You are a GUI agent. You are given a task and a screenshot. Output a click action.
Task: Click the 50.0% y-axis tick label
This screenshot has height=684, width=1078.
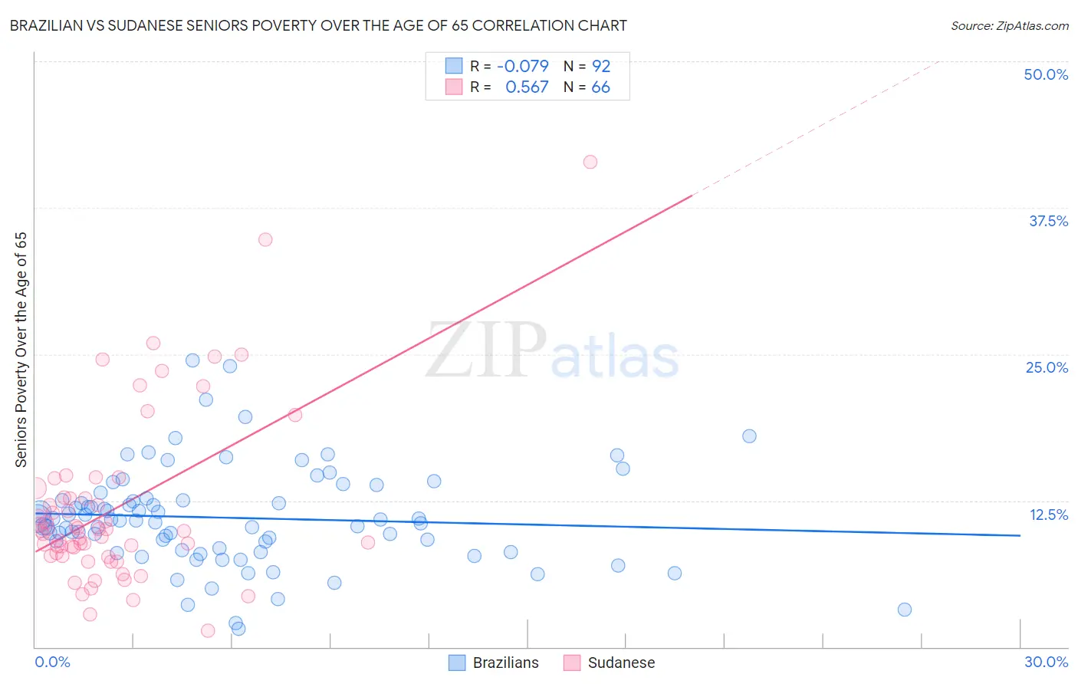coord(1046,74)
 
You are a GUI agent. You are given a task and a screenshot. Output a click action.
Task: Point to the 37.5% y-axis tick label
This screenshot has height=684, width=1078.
coord(1048,221)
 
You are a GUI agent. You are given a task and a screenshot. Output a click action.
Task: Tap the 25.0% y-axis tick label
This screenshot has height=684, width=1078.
coord(1047,367)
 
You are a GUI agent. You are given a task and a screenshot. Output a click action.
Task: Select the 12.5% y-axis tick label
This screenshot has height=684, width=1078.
coord(1048,515)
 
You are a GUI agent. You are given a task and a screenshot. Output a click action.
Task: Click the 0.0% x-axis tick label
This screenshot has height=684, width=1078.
coord(52,662)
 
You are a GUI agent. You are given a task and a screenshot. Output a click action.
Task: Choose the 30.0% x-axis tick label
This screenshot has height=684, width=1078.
coord(1046,662)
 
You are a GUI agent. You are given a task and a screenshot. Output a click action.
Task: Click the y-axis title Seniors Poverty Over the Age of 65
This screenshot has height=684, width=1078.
coord(21,350)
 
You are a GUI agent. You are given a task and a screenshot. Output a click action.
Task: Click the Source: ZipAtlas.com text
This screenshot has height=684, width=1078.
coord(1009,25)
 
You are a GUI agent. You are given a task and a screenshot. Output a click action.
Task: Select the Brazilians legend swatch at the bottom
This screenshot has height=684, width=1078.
coord(457,663)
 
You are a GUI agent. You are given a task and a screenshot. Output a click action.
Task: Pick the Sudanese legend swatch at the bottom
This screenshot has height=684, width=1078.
coord(572,663)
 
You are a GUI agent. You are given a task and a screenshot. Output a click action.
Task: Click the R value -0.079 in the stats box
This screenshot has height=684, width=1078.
coord(523,66)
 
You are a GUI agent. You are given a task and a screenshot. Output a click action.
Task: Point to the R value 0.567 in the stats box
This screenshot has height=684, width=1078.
coord(527,87)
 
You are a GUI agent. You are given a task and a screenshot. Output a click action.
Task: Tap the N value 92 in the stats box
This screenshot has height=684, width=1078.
coord(601,66)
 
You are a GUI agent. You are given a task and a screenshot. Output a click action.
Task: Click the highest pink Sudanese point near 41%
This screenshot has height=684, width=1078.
coord(590,162)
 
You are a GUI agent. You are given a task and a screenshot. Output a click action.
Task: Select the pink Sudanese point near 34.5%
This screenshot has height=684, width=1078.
coord(265,239)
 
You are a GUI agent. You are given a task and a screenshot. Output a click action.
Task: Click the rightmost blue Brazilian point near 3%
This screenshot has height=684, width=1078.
coord(905,610)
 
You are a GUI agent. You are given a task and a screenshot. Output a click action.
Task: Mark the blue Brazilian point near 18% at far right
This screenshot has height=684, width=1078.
coord(749,436)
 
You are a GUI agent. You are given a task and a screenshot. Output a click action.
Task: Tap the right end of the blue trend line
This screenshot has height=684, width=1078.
coord(1020,535)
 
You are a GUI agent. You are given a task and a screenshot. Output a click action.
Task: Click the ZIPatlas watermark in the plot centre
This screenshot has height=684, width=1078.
coord(552,351)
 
